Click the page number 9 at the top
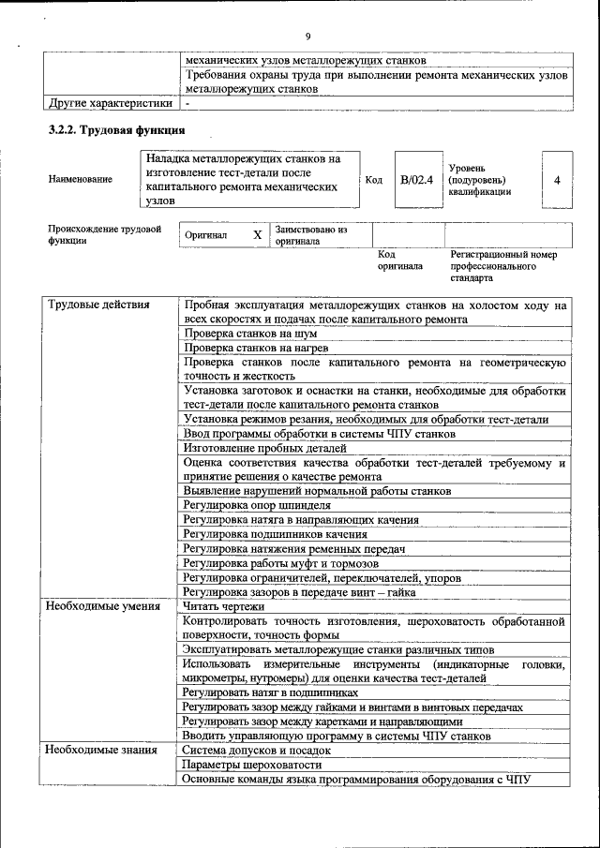(x=307, y=37)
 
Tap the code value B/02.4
(x=415, y=179)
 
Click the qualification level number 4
(x=557, y=179)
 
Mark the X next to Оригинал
(x=257, y=235)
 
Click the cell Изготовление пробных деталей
(x=265, y=448)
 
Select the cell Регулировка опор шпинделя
(x=256, y=506)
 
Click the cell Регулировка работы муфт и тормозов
(x=280, y=564)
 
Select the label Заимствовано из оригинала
(x=310, y=235)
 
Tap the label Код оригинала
(x=400, y=260)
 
